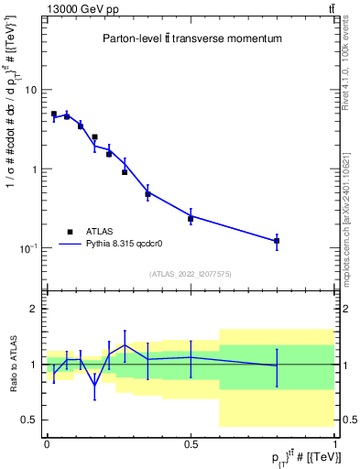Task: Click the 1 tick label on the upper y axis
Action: pos(34,169)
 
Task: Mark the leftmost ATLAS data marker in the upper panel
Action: pos(54,115)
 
